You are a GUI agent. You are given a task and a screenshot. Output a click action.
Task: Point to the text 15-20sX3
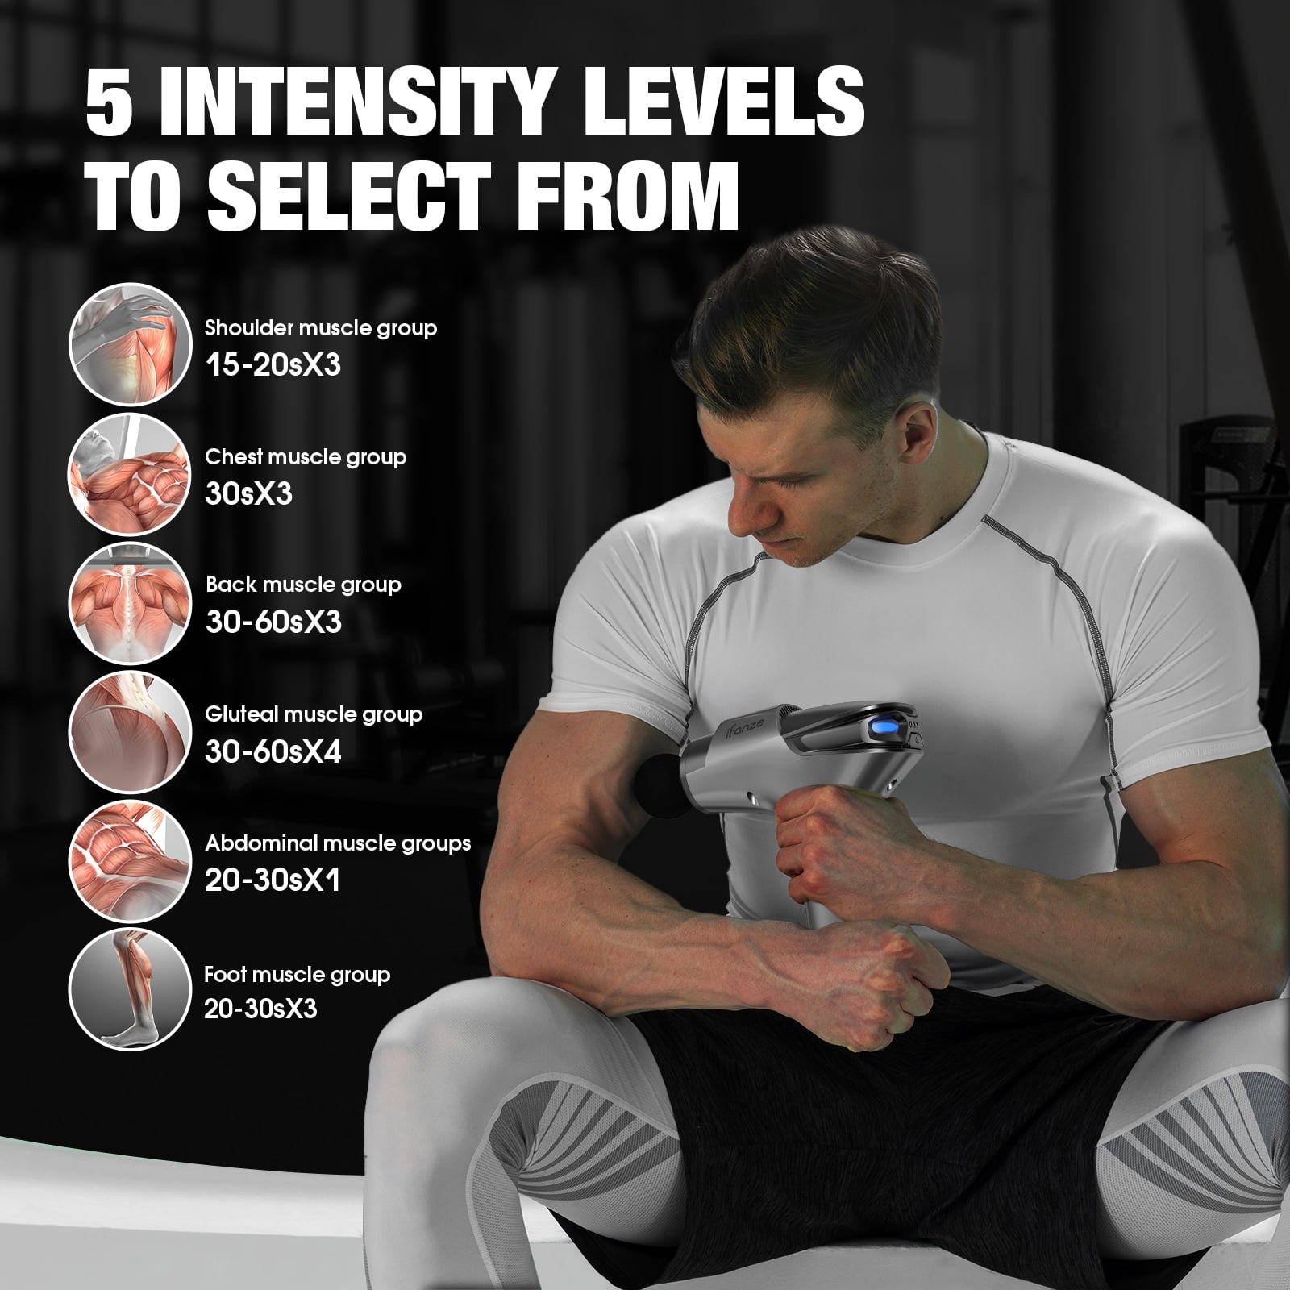[x=273, y=364]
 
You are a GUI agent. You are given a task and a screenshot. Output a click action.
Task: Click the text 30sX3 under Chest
[x=248, y=493]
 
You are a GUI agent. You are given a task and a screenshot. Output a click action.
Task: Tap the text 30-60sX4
[x=273, y=751]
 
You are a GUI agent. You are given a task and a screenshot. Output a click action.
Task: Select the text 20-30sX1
[x=273, y=880]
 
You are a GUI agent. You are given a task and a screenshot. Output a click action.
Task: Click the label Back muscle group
[x=303, y=585]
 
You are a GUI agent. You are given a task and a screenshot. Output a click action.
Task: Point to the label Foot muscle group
[x=297, y=974]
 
